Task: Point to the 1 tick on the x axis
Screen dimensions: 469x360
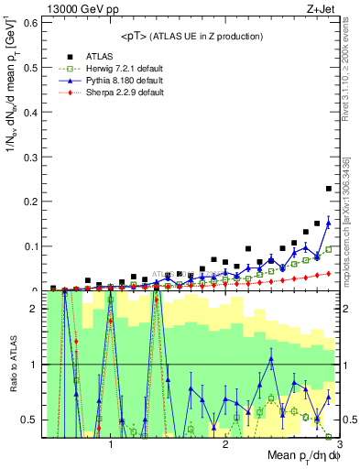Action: click(111, 444)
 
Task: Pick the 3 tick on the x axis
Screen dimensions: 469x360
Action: click(339, 444)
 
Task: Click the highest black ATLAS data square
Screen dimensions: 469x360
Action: click(328, 189)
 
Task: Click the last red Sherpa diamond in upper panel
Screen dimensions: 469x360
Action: click(328, 273)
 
